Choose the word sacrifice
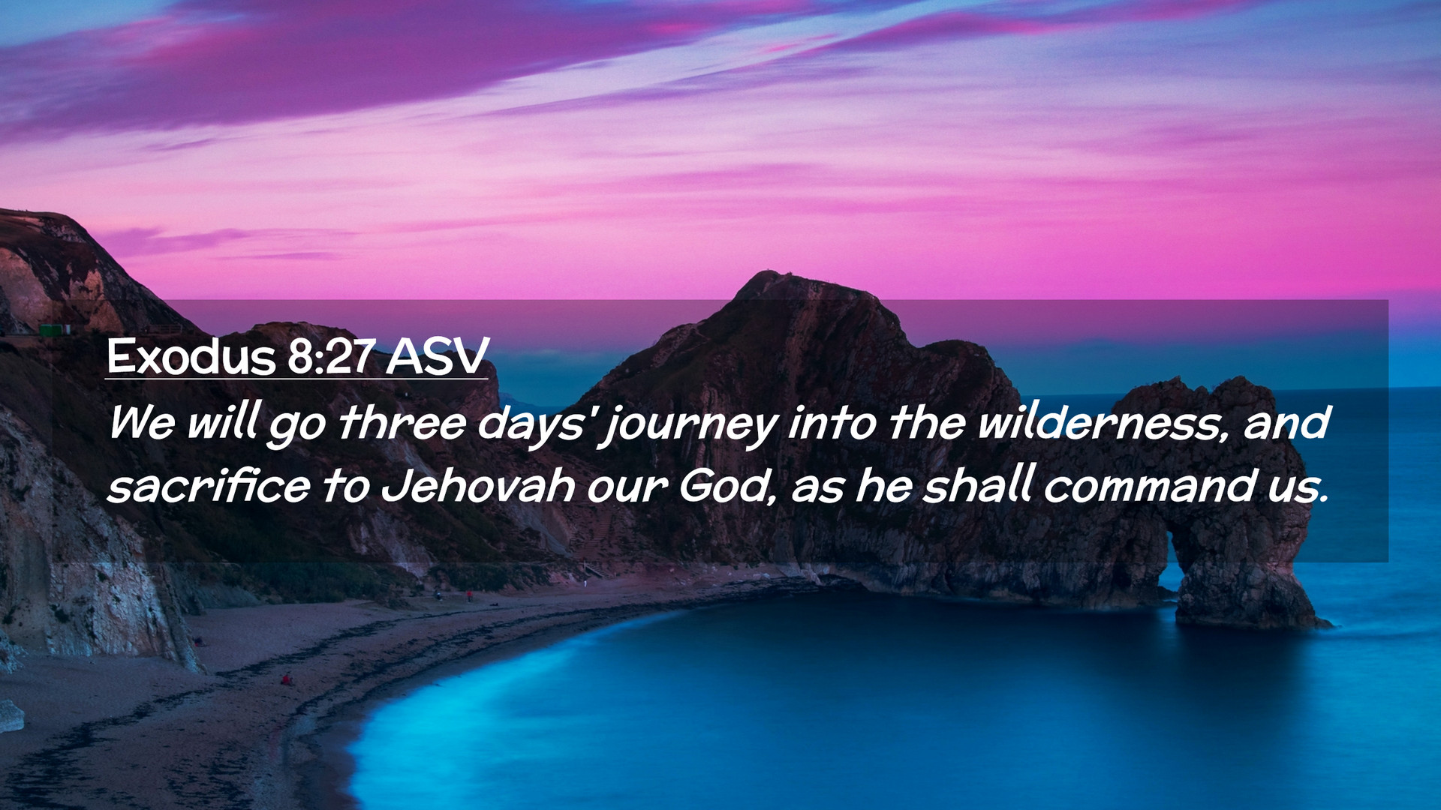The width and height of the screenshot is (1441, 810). tap(209, 486)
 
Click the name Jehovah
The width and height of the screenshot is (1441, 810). tap(479, 486)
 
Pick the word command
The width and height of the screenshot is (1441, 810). tap(1149, 486)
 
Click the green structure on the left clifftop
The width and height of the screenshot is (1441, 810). tap(54, 329)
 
